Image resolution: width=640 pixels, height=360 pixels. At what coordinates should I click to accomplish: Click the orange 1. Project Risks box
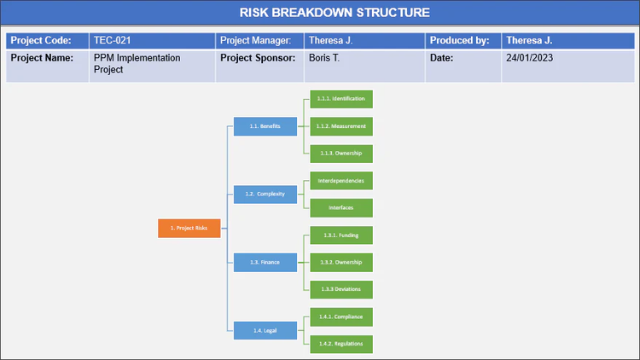point(189,228)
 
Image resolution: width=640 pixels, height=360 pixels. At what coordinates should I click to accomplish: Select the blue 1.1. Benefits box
point(265,126)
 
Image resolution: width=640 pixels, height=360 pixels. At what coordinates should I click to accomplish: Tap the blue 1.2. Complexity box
point(265,194)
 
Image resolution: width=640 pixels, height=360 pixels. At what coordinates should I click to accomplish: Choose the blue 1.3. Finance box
point(265,261)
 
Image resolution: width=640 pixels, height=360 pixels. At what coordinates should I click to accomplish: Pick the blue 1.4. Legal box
point(265,329)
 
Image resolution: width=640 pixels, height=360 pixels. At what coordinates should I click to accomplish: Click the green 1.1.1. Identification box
point(340,99)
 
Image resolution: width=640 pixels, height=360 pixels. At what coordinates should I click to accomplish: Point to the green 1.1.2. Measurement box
point(340,126)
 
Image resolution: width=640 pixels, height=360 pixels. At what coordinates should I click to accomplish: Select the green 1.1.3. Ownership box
point(340,154)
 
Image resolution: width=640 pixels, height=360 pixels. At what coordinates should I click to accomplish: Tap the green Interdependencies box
point(340,181)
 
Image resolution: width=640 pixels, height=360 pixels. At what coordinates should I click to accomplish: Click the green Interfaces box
point(340,207)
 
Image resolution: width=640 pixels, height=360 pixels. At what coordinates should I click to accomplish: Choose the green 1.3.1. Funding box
point(340,235)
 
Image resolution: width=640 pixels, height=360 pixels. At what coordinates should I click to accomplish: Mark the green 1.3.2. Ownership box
point(340,262)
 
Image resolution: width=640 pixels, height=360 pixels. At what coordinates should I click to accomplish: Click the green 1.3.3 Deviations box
point(340,289)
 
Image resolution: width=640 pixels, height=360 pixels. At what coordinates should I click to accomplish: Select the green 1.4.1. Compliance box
point(340,316)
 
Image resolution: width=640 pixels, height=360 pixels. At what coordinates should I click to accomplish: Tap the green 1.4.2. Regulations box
point(340,343)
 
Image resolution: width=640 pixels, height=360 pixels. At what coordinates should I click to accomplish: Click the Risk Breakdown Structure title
point(322,12)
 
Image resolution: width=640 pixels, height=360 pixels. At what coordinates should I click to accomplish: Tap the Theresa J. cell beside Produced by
point(529,40)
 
